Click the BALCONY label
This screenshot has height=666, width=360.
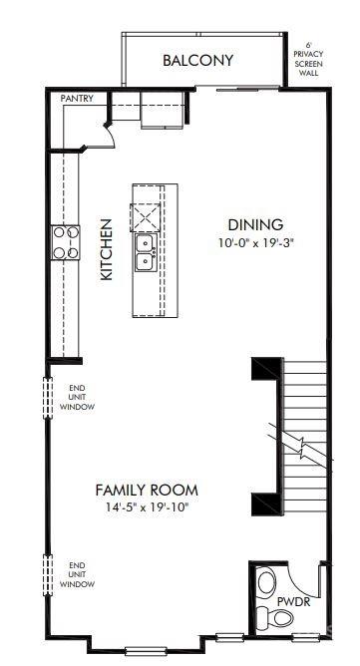197,61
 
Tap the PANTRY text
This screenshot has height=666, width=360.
77,99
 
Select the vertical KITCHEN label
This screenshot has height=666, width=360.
106,248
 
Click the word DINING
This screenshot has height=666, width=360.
255,224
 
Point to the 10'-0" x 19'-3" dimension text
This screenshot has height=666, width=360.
256,242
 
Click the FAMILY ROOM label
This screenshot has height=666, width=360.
146,490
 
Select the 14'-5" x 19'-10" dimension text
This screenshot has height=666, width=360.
147,507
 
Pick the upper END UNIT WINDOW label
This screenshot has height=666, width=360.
76,398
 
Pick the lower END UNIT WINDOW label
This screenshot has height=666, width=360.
76,573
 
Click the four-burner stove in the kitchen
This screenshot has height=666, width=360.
66,242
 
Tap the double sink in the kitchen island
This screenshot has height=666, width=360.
145,252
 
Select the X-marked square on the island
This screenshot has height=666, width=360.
145,214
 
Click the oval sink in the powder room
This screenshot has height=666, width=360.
266,581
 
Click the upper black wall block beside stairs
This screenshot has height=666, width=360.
264,371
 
